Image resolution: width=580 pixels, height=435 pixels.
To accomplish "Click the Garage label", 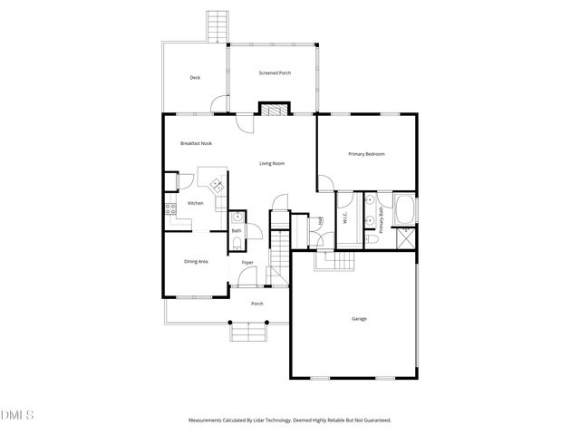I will point(358,318).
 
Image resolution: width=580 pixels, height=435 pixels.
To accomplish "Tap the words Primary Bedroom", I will point(367,154).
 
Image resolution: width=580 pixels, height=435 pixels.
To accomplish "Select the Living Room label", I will point(272,163).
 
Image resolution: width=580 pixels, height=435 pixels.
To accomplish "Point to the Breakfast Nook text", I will point(196,143).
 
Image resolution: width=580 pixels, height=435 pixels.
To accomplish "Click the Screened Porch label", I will point(275,72).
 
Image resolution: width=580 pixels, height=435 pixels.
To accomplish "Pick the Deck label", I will point(195,78).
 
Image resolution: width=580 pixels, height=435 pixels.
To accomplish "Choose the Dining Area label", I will point(197,261).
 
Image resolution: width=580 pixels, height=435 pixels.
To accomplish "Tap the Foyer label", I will point(247,263).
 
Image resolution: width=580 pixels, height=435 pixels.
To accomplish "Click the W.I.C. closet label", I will point(345,217).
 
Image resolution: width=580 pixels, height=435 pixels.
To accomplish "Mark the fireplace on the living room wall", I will point(272,110).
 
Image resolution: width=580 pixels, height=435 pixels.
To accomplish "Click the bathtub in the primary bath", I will point(405,211).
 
